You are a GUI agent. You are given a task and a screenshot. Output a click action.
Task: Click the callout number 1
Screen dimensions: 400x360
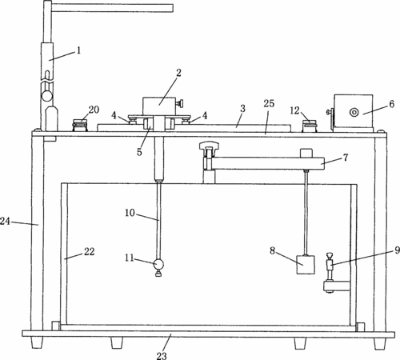click(78, 50)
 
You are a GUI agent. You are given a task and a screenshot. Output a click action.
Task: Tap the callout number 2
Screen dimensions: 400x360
click(178, 73)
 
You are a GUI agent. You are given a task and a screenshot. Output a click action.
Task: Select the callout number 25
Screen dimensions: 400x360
click(269, 103)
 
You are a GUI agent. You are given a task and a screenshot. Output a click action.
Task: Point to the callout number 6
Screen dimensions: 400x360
click(391, 104)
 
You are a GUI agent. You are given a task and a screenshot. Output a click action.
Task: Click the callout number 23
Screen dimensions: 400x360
click(162, 355)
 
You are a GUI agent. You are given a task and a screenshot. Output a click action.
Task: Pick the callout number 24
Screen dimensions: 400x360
click(5, 221)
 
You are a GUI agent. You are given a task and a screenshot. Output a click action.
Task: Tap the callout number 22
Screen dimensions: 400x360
click(89, 251)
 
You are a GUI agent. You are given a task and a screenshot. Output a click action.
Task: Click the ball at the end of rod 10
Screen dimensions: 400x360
click(158, 264)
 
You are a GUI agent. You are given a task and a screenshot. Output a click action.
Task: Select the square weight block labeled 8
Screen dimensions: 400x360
click(306, 265)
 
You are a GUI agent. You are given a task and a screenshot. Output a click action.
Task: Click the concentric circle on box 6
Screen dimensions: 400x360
click(354, 112)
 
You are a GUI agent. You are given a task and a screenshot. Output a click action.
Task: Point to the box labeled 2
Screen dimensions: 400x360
click(159, 106)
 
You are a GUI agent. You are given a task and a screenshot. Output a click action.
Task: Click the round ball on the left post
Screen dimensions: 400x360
click(47, 96)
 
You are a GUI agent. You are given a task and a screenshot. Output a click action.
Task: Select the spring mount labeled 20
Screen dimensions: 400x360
click(80, 126)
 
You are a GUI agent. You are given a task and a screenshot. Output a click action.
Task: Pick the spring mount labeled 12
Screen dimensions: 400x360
click(310, 126)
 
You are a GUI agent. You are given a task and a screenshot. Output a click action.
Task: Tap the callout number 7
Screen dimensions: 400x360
click(346, 158)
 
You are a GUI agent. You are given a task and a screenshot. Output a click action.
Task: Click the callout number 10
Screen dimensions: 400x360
click(130, 213)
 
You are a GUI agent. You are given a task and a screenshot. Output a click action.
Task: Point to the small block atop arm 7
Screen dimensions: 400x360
click(306, 153)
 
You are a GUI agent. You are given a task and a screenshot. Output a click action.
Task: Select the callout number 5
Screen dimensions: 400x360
click(139, 152)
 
